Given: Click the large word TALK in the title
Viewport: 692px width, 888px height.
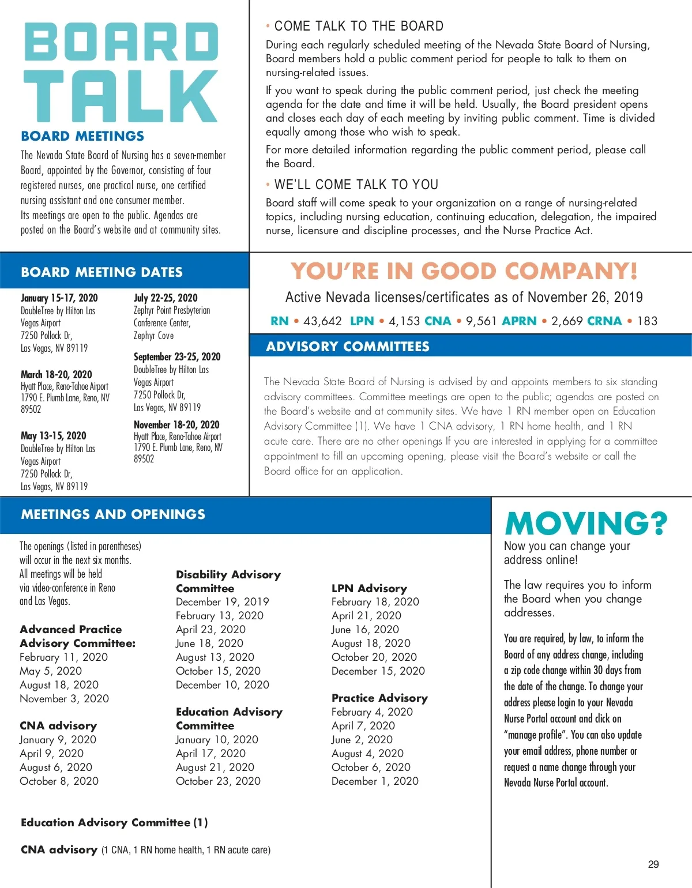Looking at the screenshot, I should click(121, 96).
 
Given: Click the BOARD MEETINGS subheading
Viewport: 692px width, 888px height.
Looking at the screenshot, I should click(82, 136).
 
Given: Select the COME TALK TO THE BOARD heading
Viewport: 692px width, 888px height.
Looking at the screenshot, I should click(359, 26).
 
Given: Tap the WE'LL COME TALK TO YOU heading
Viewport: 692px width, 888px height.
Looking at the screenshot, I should click(356, 185).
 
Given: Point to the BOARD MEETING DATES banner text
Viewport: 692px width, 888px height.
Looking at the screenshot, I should click(101, 272).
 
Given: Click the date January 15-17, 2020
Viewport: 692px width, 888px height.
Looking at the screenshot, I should click(59, 298).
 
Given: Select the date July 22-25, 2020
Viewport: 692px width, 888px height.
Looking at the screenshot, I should click(166, 298).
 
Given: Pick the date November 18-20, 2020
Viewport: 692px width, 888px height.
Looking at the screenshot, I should click(176, 424).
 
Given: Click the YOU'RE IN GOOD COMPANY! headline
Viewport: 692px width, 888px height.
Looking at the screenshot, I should click(464, 271).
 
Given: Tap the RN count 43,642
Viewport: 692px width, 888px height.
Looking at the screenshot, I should click(322, 321).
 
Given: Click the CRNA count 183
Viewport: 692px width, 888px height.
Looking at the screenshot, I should click(647, 321).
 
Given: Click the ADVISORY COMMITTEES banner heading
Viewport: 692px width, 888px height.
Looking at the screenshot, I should click(348, 347).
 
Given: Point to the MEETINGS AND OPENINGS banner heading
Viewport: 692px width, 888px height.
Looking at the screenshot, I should click(113, 514).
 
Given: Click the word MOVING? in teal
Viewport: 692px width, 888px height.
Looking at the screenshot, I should click(586, 523).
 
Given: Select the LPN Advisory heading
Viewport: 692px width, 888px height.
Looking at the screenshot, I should click(369, 588).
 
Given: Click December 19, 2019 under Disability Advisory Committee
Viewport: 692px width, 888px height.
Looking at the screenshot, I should click(222, 601).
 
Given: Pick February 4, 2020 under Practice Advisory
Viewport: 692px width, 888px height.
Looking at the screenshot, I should click(372, 712).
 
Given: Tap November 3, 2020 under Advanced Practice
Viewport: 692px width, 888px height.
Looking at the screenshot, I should click(64, 698).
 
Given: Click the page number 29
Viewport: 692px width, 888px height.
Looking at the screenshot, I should click(653, 864).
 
